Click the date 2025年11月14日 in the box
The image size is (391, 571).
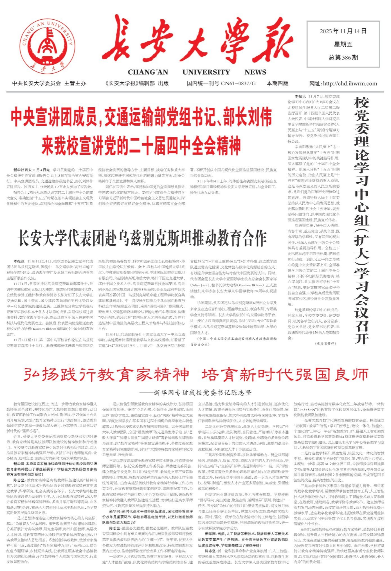[x=343, y=31]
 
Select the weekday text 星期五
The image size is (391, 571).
[x=343, y=44]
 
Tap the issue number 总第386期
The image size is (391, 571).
[x=343, y=58]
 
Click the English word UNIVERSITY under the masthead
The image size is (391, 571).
[x=206, y=72]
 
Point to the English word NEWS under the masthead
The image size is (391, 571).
[x=255, y=72]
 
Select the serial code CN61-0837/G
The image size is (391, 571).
[x=238, y=83]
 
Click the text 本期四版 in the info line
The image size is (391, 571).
[x=277, y=83]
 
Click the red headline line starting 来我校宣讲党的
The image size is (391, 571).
[x=141, y=145]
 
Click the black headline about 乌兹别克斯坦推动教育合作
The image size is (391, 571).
[x=142, y=238]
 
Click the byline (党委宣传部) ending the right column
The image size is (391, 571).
[x=325, y=343]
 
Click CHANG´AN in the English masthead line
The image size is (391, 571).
[x=148, y=72]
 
